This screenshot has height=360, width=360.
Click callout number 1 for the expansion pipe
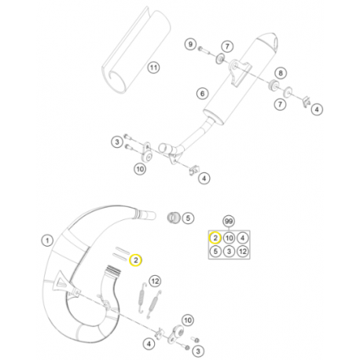pos(46,240)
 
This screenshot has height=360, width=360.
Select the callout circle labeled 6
pos(202,94)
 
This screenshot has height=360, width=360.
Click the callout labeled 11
pos(153,68)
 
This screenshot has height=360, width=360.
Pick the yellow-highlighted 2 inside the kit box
pos(214,237)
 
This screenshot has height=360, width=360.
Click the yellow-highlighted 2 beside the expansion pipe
pos(135,259)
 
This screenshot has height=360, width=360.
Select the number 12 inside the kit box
pos(244,252)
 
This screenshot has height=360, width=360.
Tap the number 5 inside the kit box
pos(214,252)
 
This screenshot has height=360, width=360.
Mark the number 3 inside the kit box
pos(229,252)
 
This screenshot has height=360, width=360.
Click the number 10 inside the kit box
pos(229,237)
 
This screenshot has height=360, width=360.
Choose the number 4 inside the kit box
pos(244,237)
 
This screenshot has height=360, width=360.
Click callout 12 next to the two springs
pos(154,281)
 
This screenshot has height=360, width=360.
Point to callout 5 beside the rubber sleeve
pos(187,220)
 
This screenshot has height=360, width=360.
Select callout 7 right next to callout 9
pos(226,47)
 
